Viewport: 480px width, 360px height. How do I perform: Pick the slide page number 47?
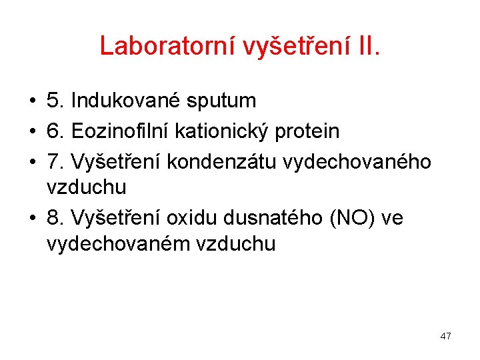[x=445, y=336]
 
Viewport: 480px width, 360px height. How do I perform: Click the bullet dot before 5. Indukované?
[x=32, y=101]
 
